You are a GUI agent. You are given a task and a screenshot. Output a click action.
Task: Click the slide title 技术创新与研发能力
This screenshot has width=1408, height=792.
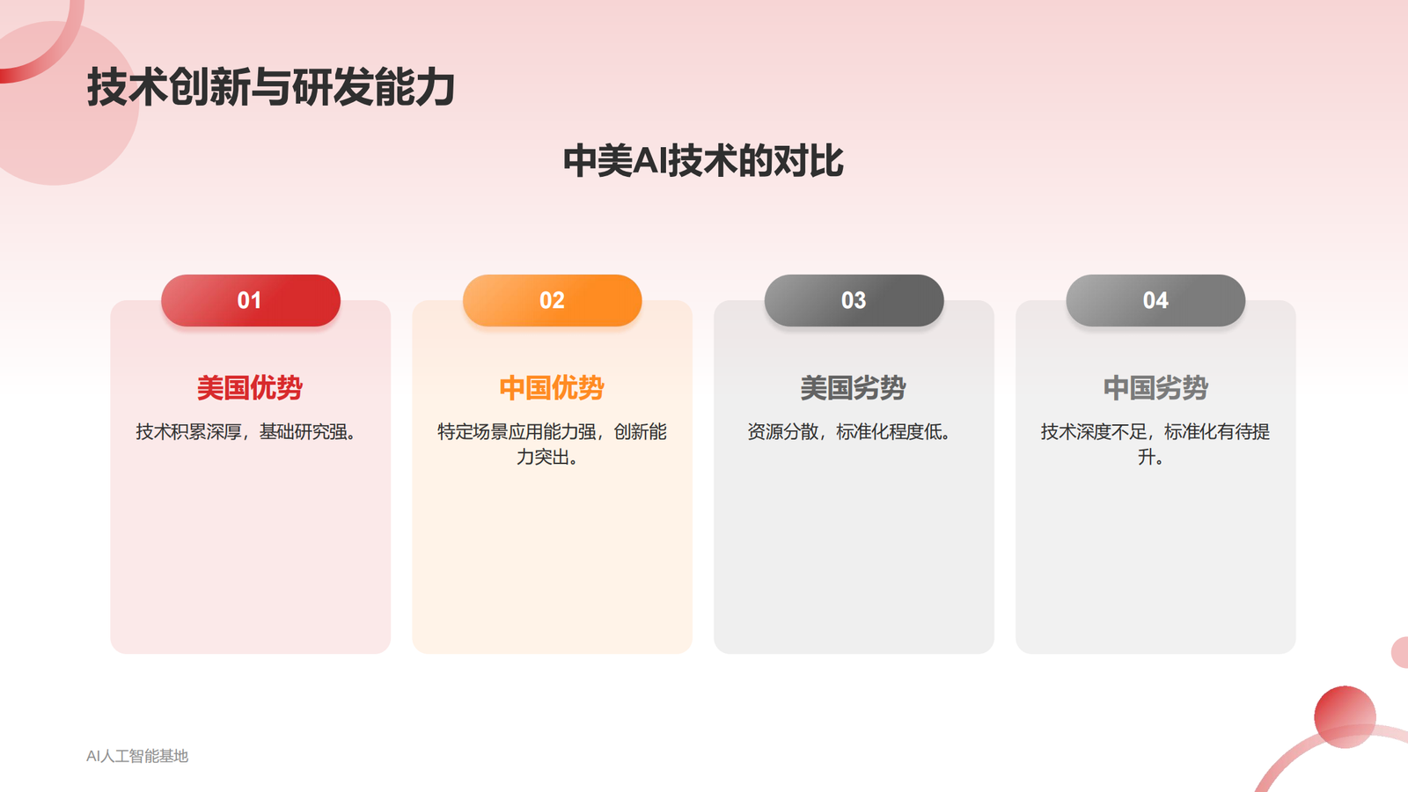270,88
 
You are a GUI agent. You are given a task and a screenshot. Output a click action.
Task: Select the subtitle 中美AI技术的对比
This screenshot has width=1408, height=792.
703,161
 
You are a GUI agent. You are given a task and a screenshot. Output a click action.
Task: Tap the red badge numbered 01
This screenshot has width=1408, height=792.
250,301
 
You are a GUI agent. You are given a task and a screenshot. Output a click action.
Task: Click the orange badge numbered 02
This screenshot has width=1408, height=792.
552,301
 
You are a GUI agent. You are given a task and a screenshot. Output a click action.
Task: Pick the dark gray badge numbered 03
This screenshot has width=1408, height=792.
854,301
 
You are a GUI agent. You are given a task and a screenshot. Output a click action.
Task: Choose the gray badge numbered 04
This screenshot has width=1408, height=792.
1155,301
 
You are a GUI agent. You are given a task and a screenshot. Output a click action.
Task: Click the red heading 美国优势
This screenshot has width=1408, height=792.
250,388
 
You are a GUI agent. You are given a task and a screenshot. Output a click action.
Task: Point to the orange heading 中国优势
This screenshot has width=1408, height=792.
552,388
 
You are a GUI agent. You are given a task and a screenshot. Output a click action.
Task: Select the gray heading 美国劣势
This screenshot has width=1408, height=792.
854,388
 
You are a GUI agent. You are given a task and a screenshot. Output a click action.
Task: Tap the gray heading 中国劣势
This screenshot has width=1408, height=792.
1155,388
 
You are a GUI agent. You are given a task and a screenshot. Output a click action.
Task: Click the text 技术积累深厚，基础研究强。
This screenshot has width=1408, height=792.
246,432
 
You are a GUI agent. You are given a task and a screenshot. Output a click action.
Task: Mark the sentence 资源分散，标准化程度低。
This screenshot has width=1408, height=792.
849,432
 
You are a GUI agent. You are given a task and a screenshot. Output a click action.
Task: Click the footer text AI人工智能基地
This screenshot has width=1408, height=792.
137,756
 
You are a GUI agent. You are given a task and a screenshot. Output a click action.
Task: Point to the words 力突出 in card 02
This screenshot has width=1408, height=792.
542,458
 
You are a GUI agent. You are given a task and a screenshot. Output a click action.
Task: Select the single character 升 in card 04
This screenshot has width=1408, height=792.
1146,458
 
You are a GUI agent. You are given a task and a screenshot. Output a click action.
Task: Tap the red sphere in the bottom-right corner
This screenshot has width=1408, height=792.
1344,716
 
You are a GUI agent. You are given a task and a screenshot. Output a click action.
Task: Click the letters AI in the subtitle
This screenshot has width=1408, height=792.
650,161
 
